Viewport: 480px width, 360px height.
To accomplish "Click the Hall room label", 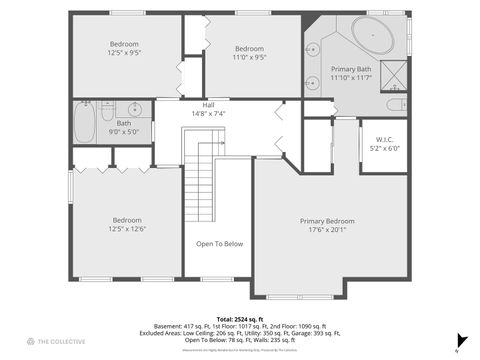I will [x=208, y=105].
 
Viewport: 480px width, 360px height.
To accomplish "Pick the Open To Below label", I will [x=219, y=243].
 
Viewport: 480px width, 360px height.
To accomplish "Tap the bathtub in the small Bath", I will [x=85, y=123].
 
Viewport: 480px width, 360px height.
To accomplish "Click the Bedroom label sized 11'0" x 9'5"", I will [x=249, y=49].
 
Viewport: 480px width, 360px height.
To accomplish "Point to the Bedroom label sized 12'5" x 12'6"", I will [x=127, y=220].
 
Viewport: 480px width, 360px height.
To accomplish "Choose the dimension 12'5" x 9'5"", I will [x=124, y=52].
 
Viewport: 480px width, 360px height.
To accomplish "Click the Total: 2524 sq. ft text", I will [x=239, y=318].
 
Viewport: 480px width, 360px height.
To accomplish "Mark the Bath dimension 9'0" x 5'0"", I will [x=124, y=130].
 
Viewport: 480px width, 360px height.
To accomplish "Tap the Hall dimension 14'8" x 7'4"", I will [x=208, y=113].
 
